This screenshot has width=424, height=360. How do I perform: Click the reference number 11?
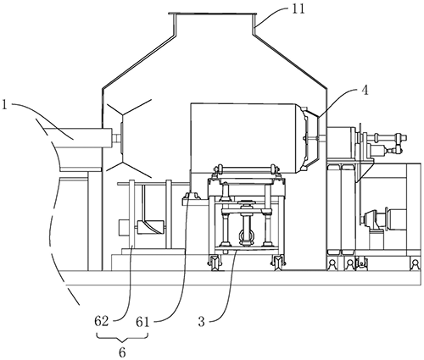[298, 9]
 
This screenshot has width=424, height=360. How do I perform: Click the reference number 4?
[365, 91]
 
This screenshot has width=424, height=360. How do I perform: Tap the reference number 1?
[4, 105]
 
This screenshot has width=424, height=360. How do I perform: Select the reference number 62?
[102, 321]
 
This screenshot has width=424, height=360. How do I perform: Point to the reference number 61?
[142, 322]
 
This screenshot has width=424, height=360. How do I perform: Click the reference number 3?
[201, 322]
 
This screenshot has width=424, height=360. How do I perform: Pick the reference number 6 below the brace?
[122, 352]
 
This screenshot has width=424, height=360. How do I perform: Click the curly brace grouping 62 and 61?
[122, 337]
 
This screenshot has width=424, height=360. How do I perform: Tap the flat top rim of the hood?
[212, 14]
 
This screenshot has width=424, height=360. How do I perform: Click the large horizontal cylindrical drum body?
[243, 138]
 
